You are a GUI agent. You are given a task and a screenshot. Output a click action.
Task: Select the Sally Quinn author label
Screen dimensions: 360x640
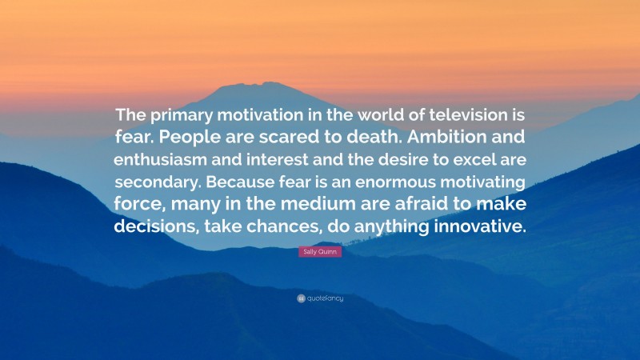[319, 251]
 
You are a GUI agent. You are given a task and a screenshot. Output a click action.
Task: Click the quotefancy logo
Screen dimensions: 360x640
[320, 298]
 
